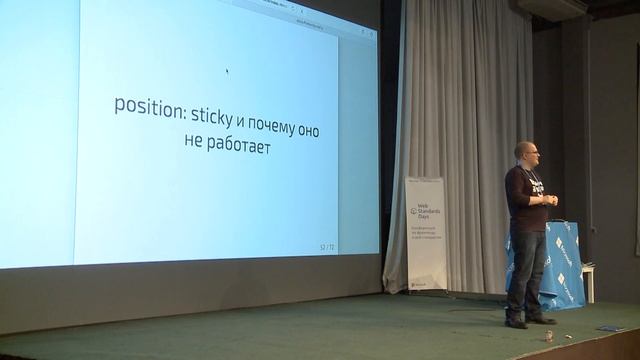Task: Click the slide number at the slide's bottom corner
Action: point(327,245)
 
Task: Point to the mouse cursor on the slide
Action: point(227,71)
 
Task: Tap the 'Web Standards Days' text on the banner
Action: point(428,213)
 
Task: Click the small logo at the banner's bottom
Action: point(420,283)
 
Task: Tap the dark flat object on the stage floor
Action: point(609,328)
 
